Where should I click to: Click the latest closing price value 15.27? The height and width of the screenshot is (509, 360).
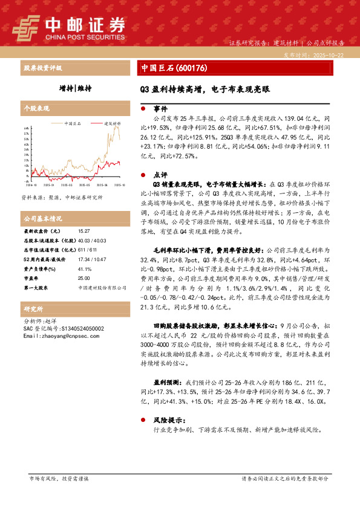[x=84, y=232]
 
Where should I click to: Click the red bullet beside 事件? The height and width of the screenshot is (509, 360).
[x=142, y=109]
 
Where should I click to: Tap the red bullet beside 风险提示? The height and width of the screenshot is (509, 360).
[x=142, y=418]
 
